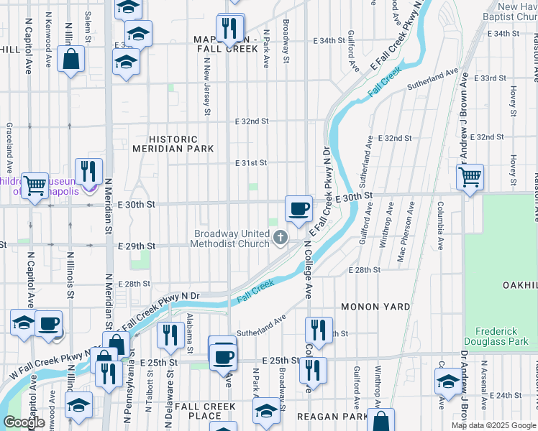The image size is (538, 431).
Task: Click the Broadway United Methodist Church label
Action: [x=229, y=238]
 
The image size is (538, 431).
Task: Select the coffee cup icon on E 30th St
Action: [x=298, y=209]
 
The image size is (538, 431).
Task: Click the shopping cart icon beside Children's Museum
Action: [x=34, y=186]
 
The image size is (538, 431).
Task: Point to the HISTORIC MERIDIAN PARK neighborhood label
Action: [x=173, y=144]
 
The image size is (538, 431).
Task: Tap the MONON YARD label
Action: [x=375, y=307]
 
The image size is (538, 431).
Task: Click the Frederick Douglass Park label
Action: [x=501, y=336]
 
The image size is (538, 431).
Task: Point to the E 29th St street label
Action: [x=136, y=246]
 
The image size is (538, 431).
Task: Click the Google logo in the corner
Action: [x=24, y=422]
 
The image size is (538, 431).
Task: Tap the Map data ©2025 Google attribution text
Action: [x=493, y=425]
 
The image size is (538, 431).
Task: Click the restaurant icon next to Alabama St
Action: [x=170, y=335]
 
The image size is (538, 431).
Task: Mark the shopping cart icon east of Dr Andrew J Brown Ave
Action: [x=470, y=176]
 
